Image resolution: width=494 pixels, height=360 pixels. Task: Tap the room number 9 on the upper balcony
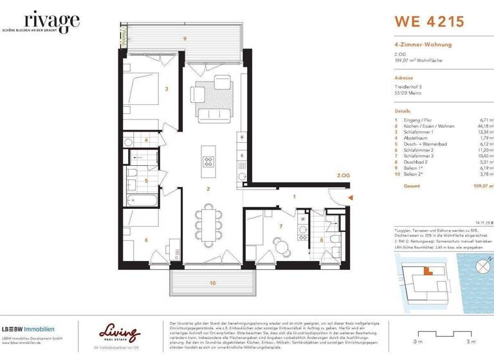[x=185, y=39]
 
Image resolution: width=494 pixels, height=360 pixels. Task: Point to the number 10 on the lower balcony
[x=212, y=283]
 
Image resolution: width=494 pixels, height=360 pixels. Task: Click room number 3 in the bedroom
[x=166, y=89]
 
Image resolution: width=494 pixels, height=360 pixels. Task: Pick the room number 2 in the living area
[x=208, y=189]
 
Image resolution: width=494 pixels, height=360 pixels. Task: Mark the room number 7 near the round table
[x=280, y=226]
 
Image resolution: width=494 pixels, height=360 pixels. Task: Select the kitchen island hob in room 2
[x=208, y=161]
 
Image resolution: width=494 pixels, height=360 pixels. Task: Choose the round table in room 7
[x=279, y=244]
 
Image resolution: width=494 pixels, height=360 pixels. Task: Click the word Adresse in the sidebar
[x=404, y=76]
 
